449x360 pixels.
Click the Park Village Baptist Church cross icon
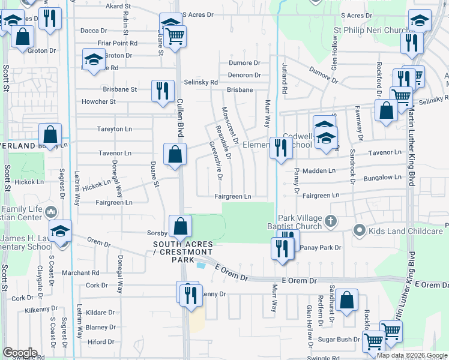[x=330, y=222]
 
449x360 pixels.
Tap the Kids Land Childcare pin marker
[x=360, y=230]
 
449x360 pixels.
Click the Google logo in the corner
[x=19, y=353]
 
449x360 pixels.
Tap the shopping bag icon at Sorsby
[x=180, y=226]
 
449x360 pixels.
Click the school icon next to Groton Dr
[x=93, y=60]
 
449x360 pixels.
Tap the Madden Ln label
[x=318, y=171]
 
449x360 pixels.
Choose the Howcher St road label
[x=98, y=102]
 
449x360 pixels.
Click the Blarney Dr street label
[x=100, y=328]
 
